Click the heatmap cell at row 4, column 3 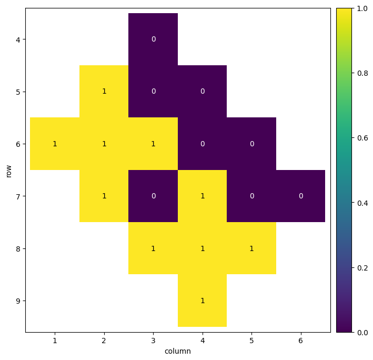[153, 39]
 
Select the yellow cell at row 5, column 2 [104, 91]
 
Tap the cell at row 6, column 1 [55, 144]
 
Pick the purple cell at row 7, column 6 [300, 196]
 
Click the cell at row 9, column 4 [203, 301]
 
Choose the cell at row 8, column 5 [251, 248]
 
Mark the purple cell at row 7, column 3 [153, 196]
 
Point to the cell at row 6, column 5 [251, 144]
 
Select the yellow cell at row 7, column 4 [203, 196]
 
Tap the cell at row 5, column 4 [203, 91]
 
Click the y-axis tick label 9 [17, 301]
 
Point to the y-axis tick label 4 [17, 39]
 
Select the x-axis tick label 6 [300, 341]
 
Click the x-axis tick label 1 [55, 341]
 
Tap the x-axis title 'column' [177, 351]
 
